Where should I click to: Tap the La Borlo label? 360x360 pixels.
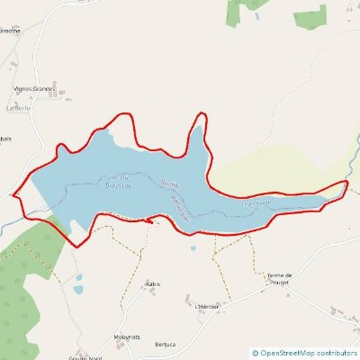(18, 108)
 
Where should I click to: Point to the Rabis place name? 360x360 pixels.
(152, 283)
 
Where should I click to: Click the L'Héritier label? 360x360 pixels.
(206, 306)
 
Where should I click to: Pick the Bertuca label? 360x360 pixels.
(165, 344)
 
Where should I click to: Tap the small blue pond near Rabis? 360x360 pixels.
(78, 289)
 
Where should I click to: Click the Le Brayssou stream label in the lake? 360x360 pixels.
(259, 203)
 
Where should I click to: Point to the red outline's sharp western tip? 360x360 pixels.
(13, 193)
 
